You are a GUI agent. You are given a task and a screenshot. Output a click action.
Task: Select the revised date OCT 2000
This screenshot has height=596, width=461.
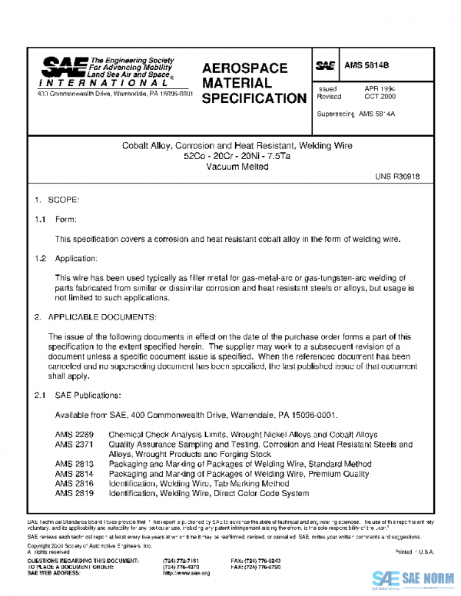coord(380,97)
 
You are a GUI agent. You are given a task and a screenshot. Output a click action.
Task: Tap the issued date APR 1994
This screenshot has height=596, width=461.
coord(380,88)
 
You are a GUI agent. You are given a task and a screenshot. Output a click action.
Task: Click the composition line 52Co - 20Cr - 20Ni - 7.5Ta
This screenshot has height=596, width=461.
coord(230,157)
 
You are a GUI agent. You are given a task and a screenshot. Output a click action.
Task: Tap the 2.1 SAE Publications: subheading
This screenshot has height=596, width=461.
coord(77,396)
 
